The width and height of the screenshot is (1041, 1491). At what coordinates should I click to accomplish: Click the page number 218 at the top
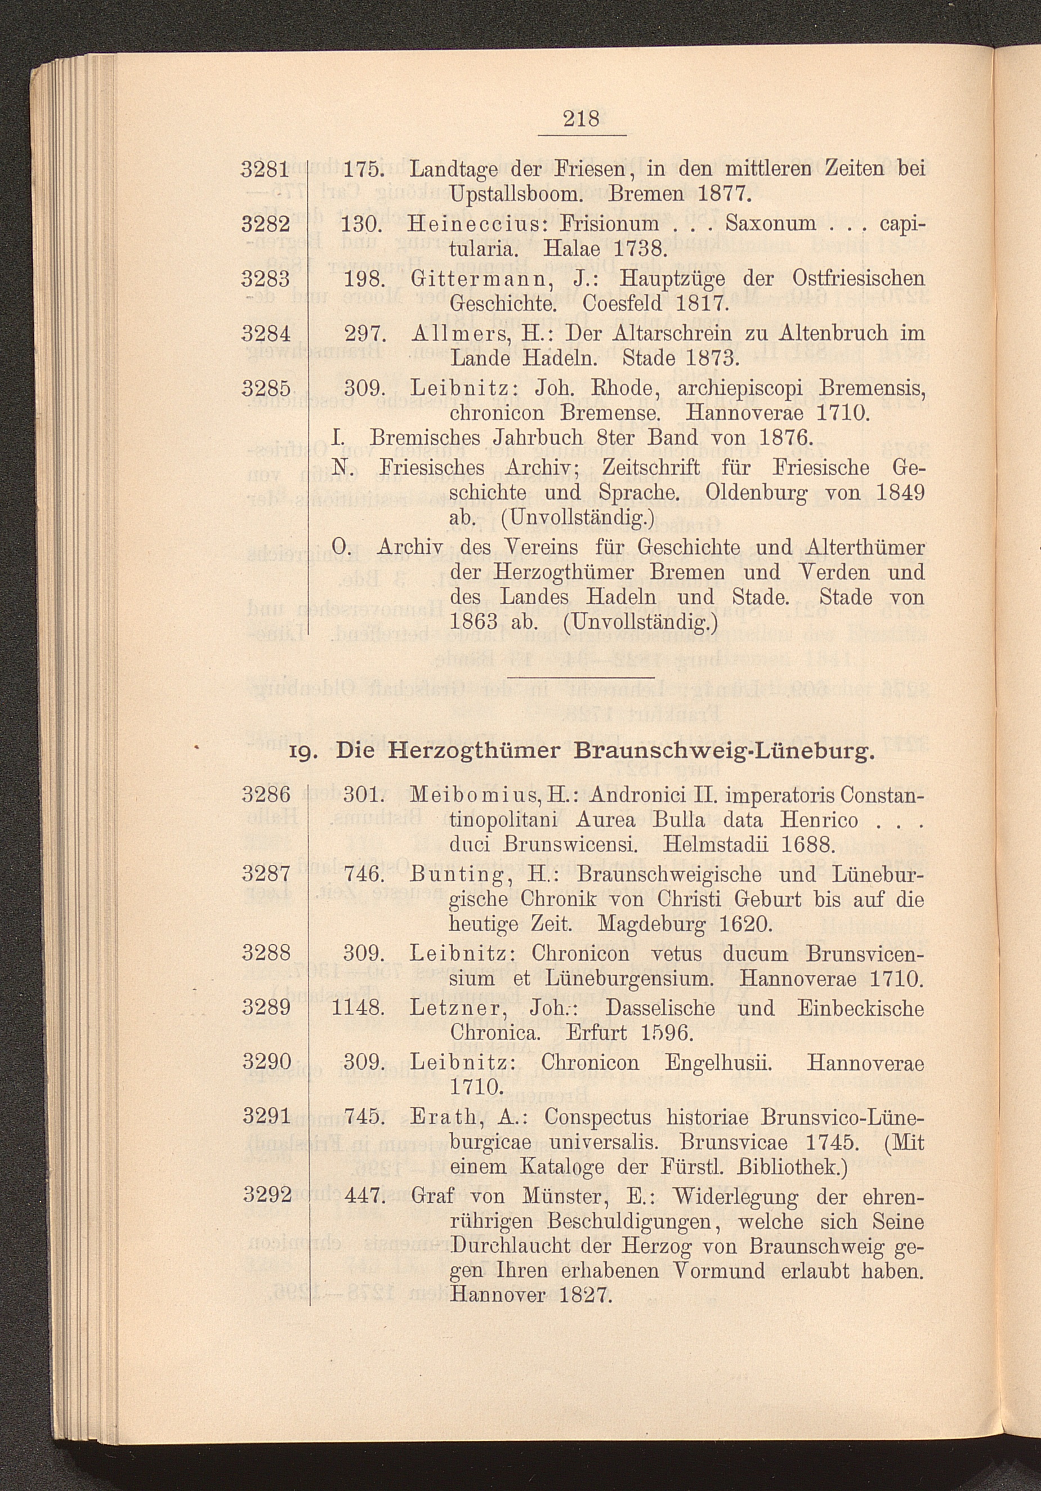(581, 119)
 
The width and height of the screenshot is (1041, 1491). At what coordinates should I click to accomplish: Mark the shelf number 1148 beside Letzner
(359, 1008)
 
